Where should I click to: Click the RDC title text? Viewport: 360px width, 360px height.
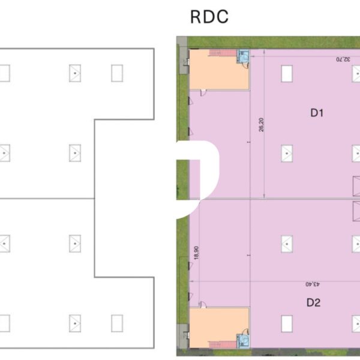(209, 17)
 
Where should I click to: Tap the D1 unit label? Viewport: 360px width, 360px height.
(317, 112)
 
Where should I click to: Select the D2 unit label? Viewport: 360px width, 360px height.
(313, 302)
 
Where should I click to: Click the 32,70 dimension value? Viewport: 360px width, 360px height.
(343, 59)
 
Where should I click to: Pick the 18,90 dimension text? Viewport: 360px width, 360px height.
(196, 253)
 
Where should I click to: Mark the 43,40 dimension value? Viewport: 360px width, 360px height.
(308, 283)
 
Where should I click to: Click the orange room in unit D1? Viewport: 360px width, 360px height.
(219, 75)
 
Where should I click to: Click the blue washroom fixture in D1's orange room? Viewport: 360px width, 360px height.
(244, 56)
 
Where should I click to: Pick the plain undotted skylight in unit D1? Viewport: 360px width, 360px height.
(287, 73)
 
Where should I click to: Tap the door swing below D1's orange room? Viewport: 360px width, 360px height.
(203, 92)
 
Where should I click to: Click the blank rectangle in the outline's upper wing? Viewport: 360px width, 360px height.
(117, 73)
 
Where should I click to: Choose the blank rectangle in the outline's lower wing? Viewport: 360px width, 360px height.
(117, 323)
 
